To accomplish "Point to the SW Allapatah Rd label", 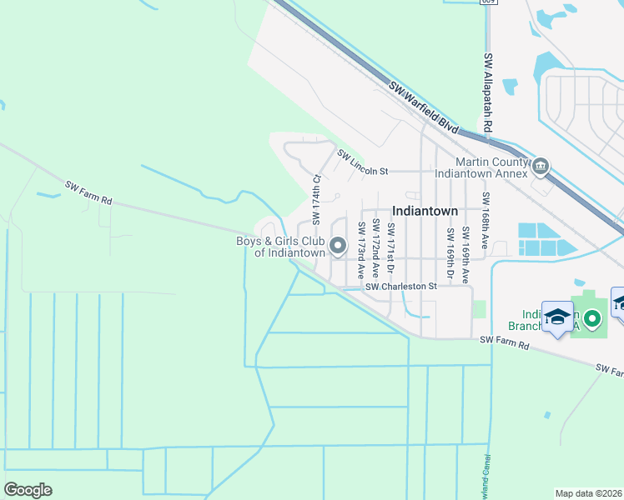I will click(x=490, y=89).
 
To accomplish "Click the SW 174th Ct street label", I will click(x=316, y=200).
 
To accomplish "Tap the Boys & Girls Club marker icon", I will click(x=339, y=245).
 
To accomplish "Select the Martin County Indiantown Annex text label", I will click(x=491, y=167).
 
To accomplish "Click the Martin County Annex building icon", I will click(x=541, y=167).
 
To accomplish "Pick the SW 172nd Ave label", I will click(x=377, y=247).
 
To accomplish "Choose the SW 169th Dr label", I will click(x=450, y=253).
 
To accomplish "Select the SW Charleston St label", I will click(x=401, y=287).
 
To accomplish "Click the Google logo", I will click(x=28, y=489).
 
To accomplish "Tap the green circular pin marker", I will click(x=592, y=317).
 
